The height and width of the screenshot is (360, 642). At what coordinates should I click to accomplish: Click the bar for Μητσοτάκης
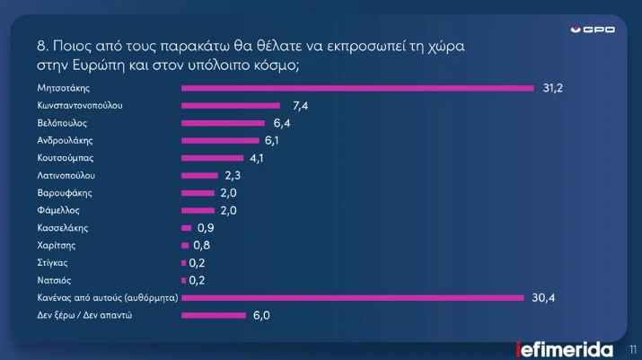point(357,88)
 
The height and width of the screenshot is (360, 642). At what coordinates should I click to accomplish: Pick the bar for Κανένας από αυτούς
point(352,297)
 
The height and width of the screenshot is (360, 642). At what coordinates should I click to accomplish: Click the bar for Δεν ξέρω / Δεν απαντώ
point(214,315)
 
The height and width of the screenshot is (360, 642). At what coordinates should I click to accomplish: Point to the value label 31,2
point(552,88)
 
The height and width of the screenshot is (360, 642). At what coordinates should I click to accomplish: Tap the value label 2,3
point(233,175)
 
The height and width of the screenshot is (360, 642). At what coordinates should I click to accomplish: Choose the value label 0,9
point(205,228)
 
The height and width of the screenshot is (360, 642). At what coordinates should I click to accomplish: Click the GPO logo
point(594,30)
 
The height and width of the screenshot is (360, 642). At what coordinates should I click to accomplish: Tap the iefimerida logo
point(565,348)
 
